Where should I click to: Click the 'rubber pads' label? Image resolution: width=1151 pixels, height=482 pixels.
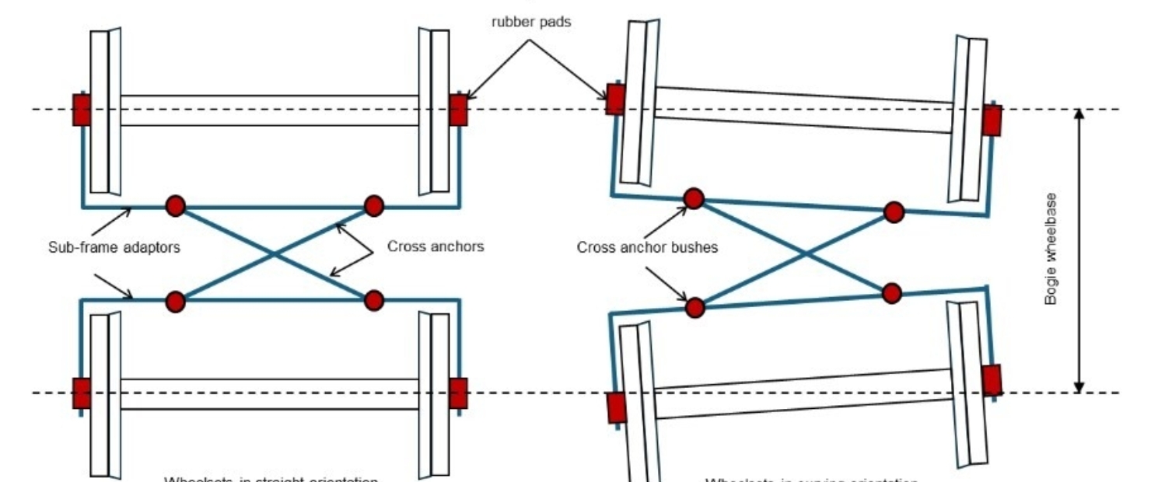(x=531, y=22)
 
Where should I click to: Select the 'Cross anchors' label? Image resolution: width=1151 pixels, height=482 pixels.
(x=436, y=247)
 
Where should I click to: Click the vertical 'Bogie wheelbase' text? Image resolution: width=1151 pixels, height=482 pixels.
(x=1051, y=250)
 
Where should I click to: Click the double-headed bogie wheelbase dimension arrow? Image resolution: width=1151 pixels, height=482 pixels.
(x=1078, y=250)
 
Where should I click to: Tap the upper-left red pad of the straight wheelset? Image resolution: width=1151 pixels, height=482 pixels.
(x=82, y=110)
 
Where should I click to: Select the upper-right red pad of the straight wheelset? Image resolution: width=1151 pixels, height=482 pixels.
(x=458, y=110)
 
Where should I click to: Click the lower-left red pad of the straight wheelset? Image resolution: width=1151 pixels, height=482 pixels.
(x=82, y=393)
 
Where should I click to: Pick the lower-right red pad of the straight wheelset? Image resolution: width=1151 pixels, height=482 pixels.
(x=458, y=393)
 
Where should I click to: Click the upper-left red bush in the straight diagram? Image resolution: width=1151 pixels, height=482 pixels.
(x=176, y=206)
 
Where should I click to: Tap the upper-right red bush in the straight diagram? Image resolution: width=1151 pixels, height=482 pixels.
(x=374, y=206)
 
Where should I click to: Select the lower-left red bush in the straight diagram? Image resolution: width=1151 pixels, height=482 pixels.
(x=176, y=300)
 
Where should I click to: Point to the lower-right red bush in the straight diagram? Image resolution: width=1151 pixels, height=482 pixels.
(x=374, y=300)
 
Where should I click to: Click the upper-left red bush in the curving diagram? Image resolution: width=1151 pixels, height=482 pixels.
(x=693, y=198)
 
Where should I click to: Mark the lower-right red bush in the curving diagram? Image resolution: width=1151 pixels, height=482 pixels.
(x=892, y=293)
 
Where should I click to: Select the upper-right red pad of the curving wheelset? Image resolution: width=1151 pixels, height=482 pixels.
(x=992, y=121)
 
